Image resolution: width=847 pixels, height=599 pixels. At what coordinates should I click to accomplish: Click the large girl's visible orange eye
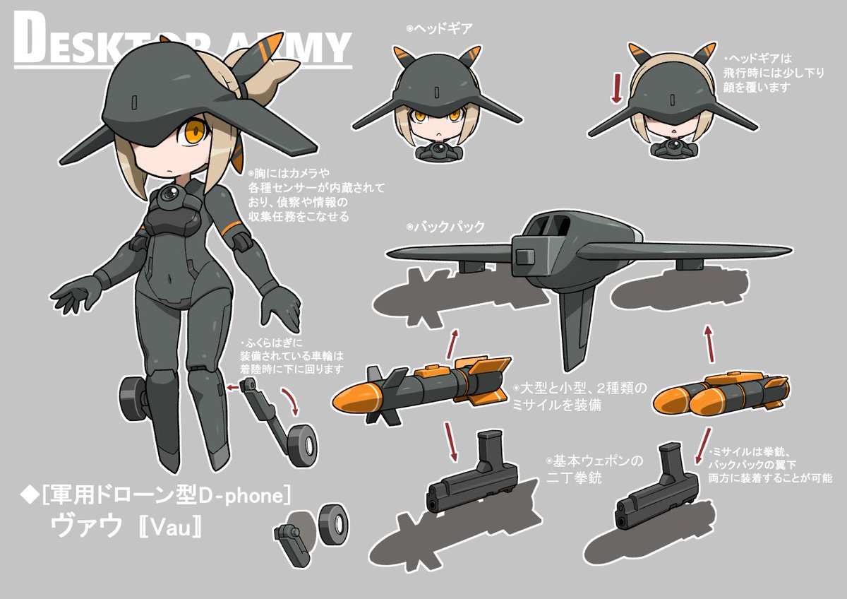[x=195, y=131]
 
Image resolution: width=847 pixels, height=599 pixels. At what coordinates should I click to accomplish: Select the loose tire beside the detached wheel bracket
[x=332, y=523]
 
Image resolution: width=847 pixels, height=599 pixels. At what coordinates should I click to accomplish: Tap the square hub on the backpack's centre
[x=531, y=252]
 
